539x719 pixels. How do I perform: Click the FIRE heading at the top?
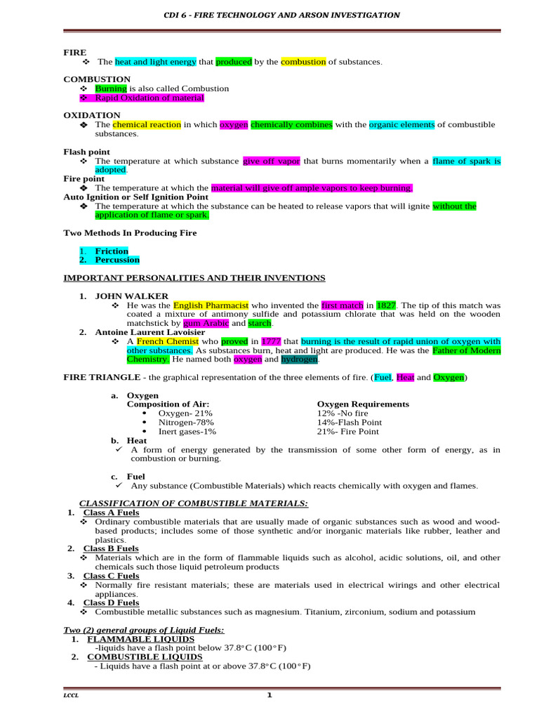(75, 52)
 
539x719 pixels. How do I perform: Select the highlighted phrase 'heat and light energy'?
(156, 62)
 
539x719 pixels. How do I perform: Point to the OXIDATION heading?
(92, 114)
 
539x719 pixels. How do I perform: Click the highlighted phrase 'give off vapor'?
(272, 161)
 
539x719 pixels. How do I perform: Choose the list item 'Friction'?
(112, 251)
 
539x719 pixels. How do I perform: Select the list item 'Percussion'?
(117, 260)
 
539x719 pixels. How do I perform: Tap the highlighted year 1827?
(387, 305)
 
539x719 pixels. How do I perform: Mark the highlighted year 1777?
(271, 341)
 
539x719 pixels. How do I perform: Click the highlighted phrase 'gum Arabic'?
(206, 323)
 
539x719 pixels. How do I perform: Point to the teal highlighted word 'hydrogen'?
(300, 359)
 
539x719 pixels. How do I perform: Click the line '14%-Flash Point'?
(350, 422)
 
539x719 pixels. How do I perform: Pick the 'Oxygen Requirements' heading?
(363, 404)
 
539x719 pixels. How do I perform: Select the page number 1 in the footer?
(269, 695)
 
